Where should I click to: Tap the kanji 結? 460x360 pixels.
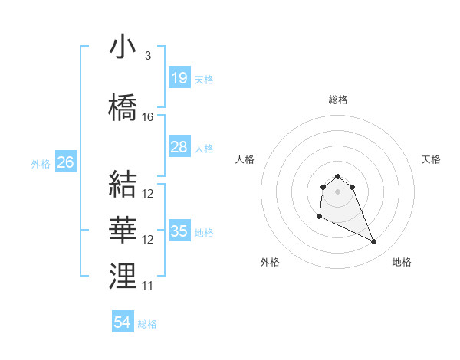(123, 185)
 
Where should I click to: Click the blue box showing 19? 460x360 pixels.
(179, 78)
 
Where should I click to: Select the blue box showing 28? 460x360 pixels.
(179, 147)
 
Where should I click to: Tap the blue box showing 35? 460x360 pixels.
(179, 231)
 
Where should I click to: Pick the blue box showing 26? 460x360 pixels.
(65, 162)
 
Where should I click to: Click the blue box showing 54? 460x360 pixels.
(123, 322)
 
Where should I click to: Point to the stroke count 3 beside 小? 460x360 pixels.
(147, 56)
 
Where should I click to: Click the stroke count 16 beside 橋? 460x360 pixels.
(148, 117)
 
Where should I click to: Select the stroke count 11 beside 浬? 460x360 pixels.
(148, 286)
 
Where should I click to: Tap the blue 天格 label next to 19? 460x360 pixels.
(204, 79)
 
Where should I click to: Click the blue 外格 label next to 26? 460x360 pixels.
(41, 163)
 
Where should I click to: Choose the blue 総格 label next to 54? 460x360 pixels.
(147, 323)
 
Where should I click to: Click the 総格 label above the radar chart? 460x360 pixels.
(338, 100)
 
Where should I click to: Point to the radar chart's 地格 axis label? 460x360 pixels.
(402, 262)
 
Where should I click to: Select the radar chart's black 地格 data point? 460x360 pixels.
(374, 242)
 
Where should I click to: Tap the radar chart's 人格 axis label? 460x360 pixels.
(245, 159)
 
